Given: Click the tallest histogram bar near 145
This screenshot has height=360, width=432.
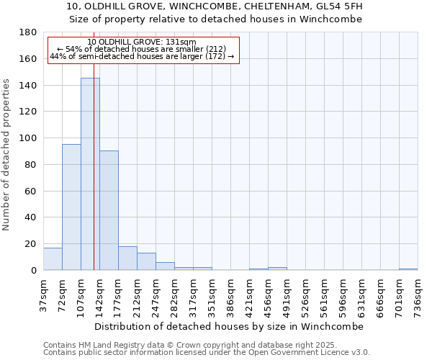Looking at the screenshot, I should point(90,174).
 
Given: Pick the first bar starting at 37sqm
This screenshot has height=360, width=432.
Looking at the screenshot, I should point(53,258).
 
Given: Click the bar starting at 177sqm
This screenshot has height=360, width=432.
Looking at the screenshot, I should point(127,258).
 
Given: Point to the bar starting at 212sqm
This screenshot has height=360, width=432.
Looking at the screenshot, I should point(146,261).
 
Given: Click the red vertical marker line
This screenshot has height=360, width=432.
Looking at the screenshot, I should point(94,180).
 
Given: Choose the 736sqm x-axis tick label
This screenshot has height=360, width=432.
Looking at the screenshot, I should point(418,294).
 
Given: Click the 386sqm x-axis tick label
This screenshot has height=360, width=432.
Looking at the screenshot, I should point(231,294).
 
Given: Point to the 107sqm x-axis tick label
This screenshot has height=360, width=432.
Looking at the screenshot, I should point(81,294).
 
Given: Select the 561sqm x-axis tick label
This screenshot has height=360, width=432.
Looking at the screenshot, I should point(325,294).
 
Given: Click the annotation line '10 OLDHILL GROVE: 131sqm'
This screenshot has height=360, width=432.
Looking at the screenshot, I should point(141,42).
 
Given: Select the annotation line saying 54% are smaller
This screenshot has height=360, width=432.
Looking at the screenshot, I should point(141,49).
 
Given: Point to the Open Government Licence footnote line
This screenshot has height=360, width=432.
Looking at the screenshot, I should point(207,353).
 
